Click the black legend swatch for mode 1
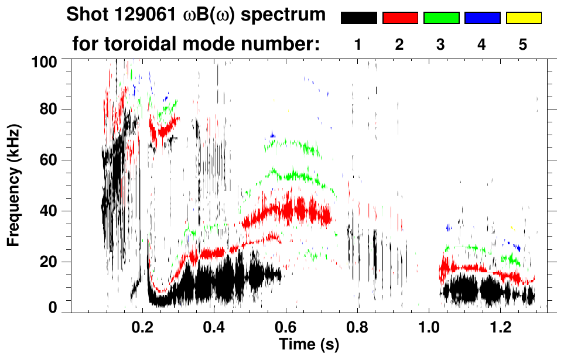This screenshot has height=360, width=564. [x=358, y=18]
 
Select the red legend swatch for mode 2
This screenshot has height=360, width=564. [x=400, y=18]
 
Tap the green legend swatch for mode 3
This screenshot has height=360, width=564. [x=441, y=18]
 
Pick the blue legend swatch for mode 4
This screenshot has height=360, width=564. [x=482, y=18]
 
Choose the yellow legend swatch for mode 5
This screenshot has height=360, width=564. [x=524, y=18]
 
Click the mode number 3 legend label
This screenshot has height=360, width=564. [x=441, y=44]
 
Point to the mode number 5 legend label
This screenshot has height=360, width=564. [x=523, y=44]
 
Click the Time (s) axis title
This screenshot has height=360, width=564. [x=309, y=345]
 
